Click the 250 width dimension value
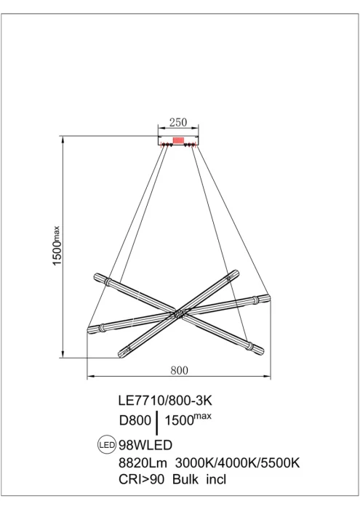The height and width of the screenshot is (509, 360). (179, 122)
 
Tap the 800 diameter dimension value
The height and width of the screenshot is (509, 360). (180, 369)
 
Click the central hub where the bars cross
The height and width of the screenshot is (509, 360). (179, 314)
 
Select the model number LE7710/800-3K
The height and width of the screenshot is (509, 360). (164, 400)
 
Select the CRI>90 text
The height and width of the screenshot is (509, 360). (141, 480)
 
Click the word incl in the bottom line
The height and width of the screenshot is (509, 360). (226, 480)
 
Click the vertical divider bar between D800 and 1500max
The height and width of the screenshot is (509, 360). (157, 422)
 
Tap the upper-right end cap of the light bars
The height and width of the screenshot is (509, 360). (235, 275)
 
